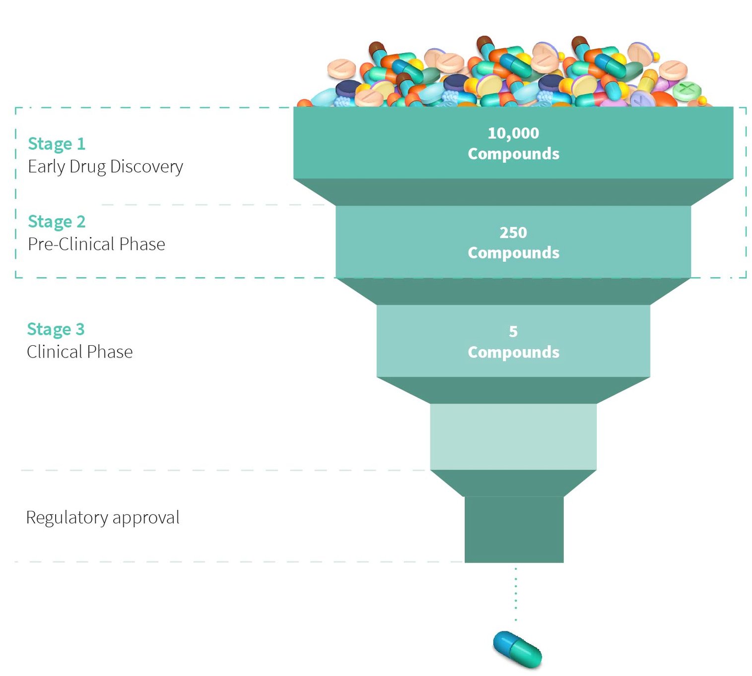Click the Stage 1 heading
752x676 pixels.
coord(57,144)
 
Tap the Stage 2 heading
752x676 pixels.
coord(57,222)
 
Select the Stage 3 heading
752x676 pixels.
coord(56,329)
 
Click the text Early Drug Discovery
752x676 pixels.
coord(105,167)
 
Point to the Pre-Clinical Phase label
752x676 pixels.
coord(96,244)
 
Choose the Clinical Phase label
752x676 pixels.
coord(79,352)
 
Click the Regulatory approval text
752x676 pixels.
coord(102,517)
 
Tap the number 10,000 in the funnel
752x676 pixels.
coord(513,133)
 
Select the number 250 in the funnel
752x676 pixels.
coord(513,232)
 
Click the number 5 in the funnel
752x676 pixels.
coord(513,331)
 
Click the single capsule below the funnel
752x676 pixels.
coord(517,649)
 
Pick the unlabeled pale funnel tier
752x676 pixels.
coord(513,436)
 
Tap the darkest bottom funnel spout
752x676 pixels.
coord(514,529)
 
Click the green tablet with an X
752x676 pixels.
coord(687,91)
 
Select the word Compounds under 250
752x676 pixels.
coord(513,253)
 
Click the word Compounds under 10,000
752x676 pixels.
coord(513,154)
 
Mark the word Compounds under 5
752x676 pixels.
coord(513,352)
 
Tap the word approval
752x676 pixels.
coord(146,518)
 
